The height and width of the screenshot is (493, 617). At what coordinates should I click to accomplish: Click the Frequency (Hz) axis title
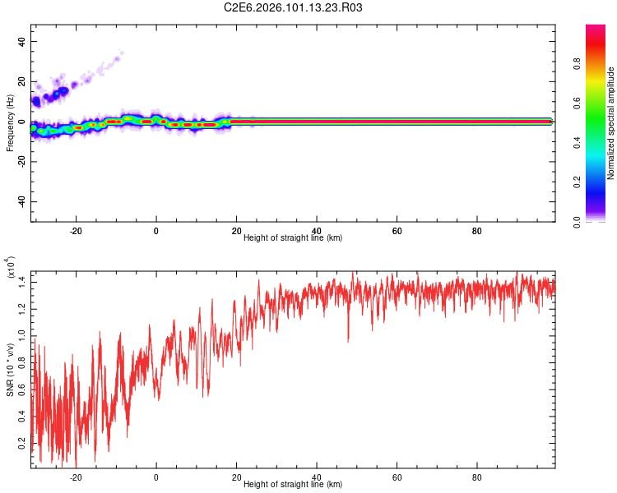click(10, 123)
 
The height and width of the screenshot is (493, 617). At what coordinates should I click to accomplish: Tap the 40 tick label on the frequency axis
click(21, 42)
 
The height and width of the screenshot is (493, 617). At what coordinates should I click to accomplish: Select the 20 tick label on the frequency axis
click(21, 82)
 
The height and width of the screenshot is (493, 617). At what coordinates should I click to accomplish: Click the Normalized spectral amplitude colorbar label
click(611, 123)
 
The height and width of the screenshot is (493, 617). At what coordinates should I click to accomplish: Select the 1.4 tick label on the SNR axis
click(21, 282)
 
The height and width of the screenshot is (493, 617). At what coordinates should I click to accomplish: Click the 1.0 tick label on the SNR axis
click(21, 336)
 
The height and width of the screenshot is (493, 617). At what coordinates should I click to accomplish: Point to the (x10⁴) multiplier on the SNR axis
click(12, 269)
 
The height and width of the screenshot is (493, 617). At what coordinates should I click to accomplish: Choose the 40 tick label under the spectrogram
click(317, 231)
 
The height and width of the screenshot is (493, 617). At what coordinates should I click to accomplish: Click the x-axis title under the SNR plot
click(293, 485)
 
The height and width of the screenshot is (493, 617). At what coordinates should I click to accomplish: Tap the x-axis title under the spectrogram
click(293, 237)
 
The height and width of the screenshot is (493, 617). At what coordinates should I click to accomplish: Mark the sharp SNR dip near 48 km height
click(348, 339)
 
